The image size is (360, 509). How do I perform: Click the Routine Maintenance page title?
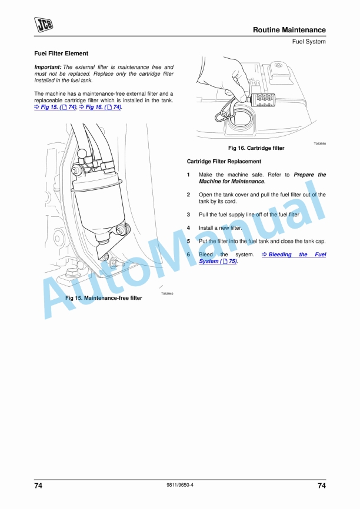(x=289, y=30)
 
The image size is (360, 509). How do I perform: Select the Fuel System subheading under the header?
(x=309, y=42)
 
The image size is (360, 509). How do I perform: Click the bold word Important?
(x=48, y=68)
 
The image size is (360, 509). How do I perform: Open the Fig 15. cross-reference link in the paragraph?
(x=55, y=108)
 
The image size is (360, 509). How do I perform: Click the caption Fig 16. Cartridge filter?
(x=256, y=148)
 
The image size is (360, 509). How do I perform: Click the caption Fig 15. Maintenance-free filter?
(x=104, y=298)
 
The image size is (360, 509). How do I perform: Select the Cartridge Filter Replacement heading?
(x=224, y=161)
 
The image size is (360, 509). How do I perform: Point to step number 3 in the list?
(x=188, y=215)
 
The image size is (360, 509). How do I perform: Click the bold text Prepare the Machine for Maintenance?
(x=262, y=178)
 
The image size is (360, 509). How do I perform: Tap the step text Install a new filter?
(x=221, y=227)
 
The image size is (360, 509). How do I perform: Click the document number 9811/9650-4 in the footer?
(x=180, y=485)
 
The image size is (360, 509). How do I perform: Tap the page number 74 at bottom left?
(x=38, y=485)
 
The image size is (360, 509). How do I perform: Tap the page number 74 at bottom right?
(x=321, y=485)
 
